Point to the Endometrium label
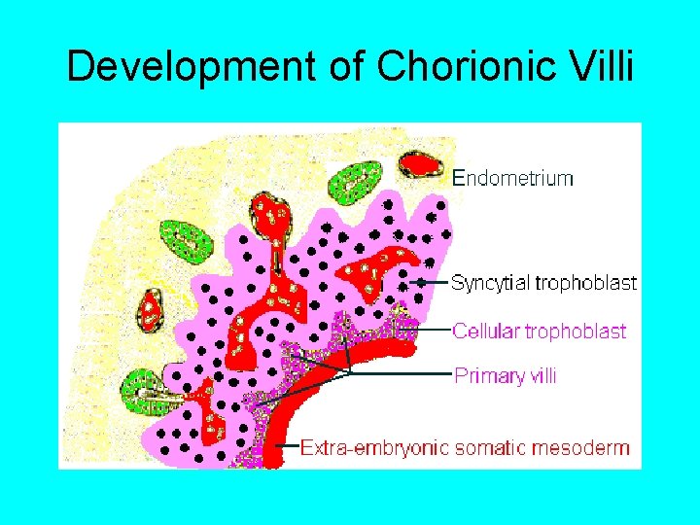pyautogui.click(x=513, y=178)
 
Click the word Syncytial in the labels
pyautogui.click(x=488, y=283)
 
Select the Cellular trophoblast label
pyautogui.click(x=539, y=332)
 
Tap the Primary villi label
pyautogui.click(x=505, y=375)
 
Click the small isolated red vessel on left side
pyautogui.click(x=150, y=308)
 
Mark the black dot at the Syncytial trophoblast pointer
pyautogui.click(x=419, y=283)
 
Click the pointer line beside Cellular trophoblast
pyautogui.click(x=436, y=331)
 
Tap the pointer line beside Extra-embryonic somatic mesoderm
pyautogui.click(x=288, y=448)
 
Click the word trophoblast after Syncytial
pyautogui.click(x=586, y=283)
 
